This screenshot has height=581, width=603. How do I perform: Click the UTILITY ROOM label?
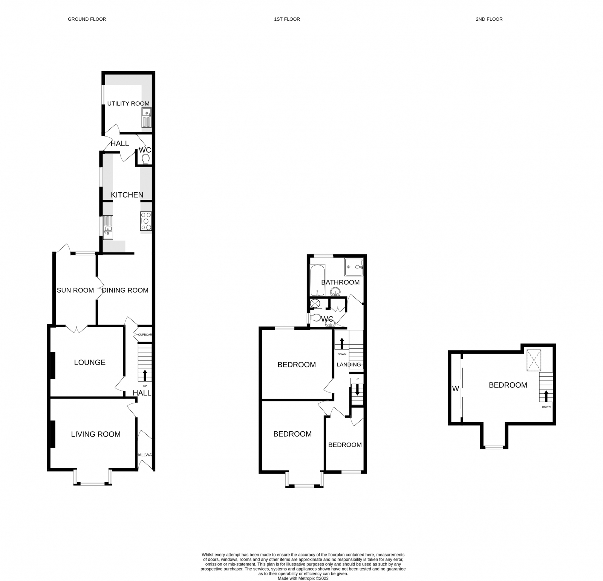tap(128, 103)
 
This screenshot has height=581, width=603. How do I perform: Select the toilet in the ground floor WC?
tap(145, 159)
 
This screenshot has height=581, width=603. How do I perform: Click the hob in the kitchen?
tap(146, 221)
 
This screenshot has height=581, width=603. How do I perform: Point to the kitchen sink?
tap(108, 227)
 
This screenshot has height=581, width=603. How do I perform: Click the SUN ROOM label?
tap(75, 290)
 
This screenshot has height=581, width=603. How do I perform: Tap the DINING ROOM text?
tap(125, 290)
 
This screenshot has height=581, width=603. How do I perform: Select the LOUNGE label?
tap(90, 362)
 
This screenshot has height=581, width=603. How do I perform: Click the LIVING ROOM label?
tap(96, 434)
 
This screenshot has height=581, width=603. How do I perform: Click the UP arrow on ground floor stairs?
tap(145, 376)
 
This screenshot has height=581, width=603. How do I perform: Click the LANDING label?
tap(349, 365)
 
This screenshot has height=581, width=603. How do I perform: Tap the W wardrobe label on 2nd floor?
tap(456, 388)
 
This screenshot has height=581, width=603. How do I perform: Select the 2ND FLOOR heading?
tap(489, 19)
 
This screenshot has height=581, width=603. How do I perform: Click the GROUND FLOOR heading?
tap(87, 19)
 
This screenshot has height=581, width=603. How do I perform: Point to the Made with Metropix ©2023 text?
tap(303, 578)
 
